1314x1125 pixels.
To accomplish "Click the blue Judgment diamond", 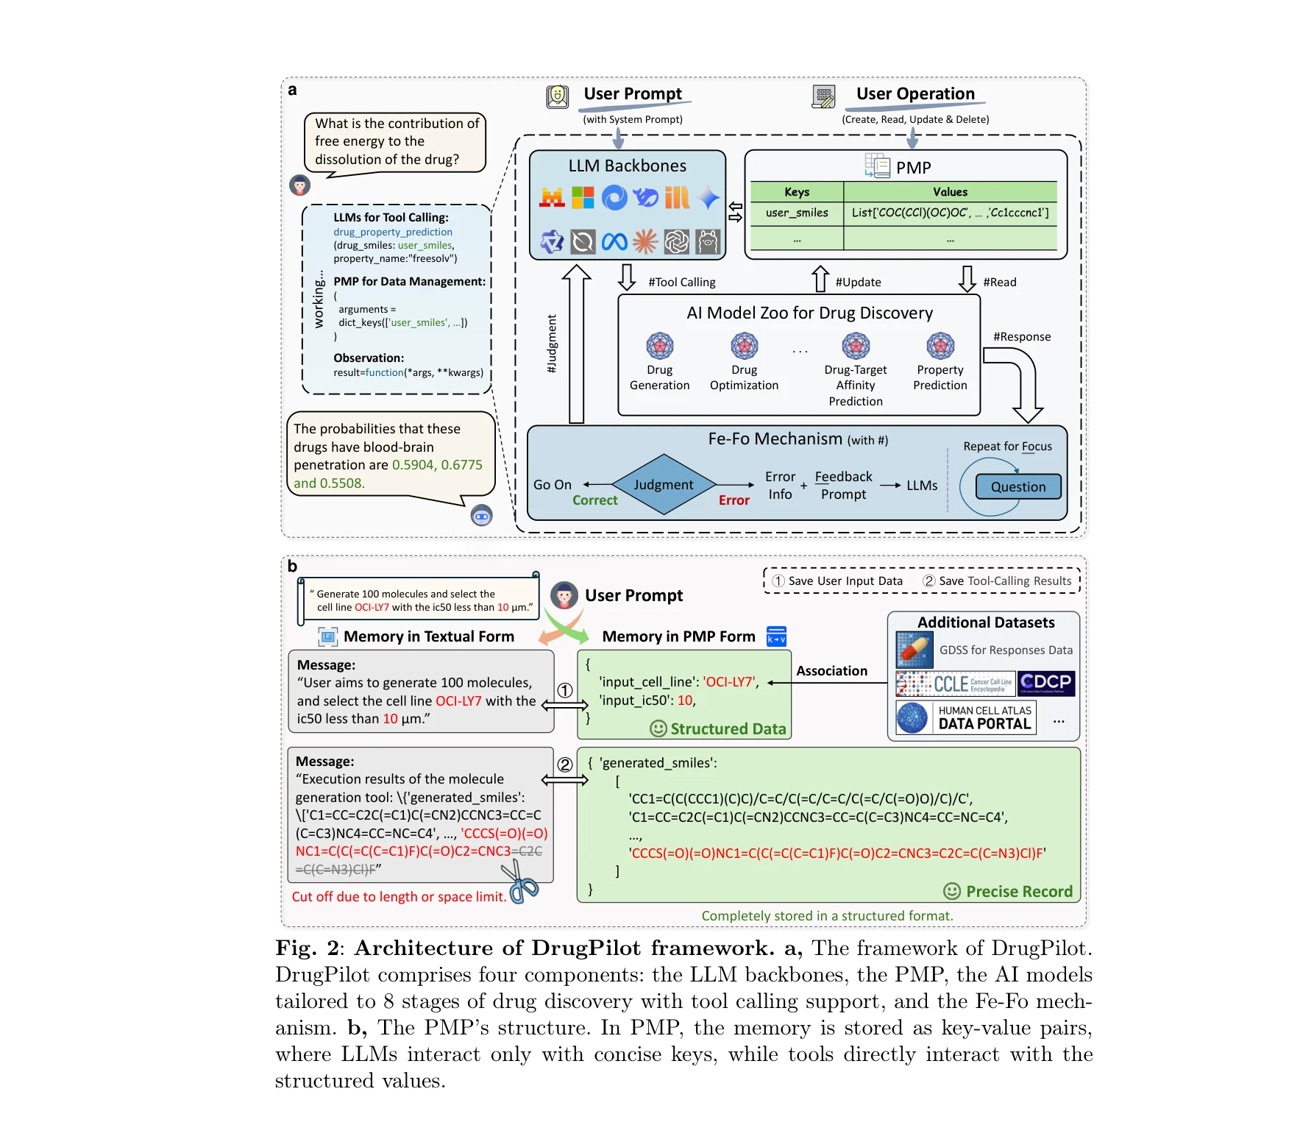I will (663, 484).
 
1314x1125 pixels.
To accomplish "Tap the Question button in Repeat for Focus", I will (1018, 486).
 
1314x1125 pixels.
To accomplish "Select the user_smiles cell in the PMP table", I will (796, 213).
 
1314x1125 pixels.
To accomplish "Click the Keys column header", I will (796, 191).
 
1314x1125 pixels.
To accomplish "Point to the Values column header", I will (950, 191).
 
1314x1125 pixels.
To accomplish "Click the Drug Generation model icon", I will (659, 345).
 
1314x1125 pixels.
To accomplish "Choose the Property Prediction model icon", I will (940, 345).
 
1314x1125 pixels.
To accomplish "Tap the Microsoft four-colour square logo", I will (583, 197).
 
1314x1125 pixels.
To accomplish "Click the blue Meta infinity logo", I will (614, 241).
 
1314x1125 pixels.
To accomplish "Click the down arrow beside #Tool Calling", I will (626, 277).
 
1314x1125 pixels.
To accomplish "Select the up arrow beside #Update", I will (820, 279).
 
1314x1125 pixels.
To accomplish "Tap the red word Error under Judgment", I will (734, 500).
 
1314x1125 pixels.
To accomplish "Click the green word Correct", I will (594, 500).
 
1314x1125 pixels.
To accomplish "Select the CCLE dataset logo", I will (955, 684).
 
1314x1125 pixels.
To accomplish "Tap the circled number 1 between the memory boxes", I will (564, 690).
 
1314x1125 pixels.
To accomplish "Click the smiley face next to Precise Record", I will (951, 891).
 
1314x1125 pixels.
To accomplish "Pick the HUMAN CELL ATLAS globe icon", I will (912, 717).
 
